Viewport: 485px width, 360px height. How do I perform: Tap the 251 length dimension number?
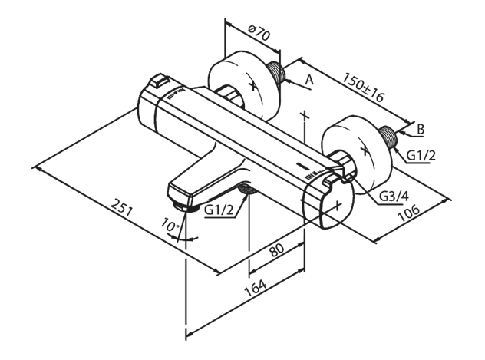pos(121,207)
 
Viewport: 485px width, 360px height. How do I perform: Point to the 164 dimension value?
pos(256,289)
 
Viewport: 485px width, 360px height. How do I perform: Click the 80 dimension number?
pos(277,250)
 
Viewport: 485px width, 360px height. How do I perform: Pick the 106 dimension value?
pos(408,213)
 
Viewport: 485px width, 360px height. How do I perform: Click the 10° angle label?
pos(170,225)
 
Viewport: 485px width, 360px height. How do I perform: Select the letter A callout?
pos(309,80)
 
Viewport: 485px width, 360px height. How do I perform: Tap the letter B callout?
pos(421,129)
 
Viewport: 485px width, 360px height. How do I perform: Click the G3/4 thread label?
pos(394,196)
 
